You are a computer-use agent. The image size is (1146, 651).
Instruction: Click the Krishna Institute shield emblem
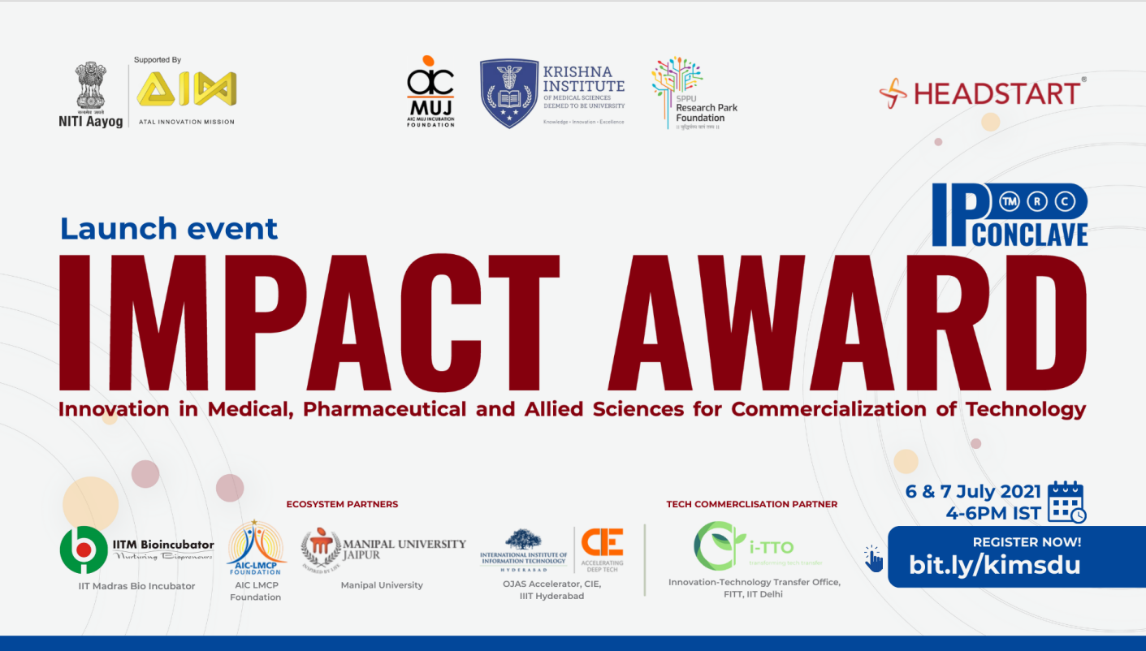[509, 93]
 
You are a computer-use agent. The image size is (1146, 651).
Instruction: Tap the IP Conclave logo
[1009, 215]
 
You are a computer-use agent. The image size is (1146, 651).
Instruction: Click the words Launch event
[169, 229]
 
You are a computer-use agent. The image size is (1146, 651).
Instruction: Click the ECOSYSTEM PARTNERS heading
[342, 504]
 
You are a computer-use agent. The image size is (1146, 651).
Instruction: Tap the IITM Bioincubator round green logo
[84, 550]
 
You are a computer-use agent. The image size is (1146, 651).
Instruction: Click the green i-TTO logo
[719, 545]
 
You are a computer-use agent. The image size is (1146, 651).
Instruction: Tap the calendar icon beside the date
[1066, 502]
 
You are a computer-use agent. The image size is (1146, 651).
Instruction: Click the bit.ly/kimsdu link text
[994, 564]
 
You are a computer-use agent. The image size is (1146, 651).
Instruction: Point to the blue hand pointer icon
[873, 558]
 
